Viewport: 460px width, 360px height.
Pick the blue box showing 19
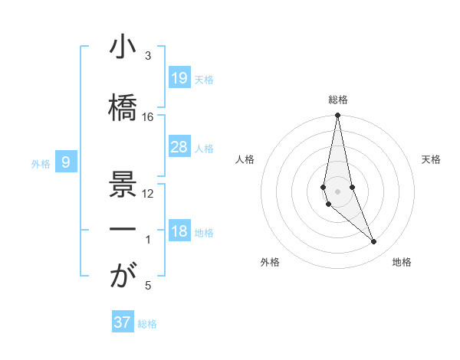coord(179,78)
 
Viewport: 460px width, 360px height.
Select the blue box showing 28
coord(179,147)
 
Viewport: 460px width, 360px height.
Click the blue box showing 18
coord(179,232)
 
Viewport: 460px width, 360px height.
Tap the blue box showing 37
coord(122,322)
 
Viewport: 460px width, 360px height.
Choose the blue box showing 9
coord(67,162)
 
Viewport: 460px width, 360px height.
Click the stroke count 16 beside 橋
coord(148,116)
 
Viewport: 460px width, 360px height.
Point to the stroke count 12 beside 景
coord(148,193)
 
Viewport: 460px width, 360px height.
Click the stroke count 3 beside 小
coord(148,56)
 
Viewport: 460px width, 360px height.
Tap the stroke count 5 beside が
coord(148,286)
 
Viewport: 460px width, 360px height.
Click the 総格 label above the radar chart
coord(338,100)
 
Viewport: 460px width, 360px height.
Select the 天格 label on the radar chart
coord(432,159)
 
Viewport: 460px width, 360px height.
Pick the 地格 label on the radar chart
coord(402,263)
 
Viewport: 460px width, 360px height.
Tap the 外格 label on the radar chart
coord(270,263)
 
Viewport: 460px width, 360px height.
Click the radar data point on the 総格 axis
coord(337,116)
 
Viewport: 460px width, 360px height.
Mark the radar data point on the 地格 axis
coord(374,242)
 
